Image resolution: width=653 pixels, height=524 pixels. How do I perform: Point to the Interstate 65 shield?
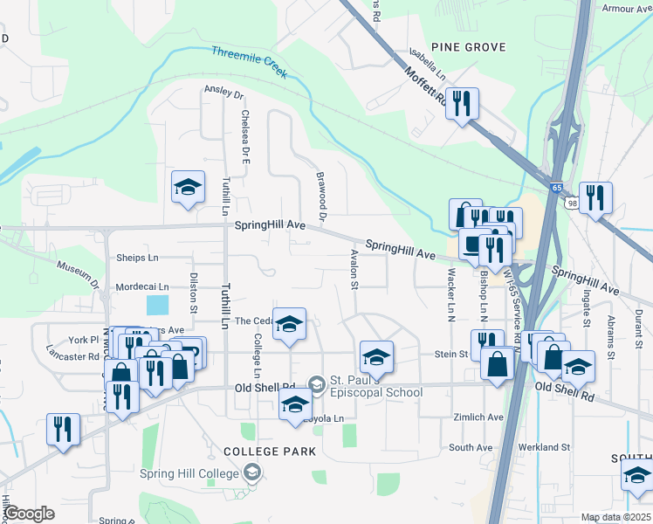(556, 187)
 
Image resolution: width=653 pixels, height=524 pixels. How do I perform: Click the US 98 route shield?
(572, 203)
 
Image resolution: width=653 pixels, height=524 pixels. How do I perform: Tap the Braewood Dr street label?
(320, 196)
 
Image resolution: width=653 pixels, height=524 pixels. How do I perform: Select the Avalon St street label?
(354, 268)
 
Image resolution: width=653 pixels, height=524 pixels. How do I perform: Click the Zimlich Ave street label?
(478, 417)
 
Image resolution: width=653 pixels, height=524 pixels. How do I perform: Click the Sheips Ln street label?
(138, 258)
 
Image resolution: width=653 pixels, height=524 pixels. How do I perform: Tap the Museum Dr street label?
(79, 273)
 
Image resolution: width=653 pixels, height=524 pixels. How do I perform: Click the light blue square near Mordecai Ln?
(158, 305)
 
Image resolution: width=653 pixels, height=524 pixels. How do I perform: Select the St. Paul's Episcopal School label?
(376, 386)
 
